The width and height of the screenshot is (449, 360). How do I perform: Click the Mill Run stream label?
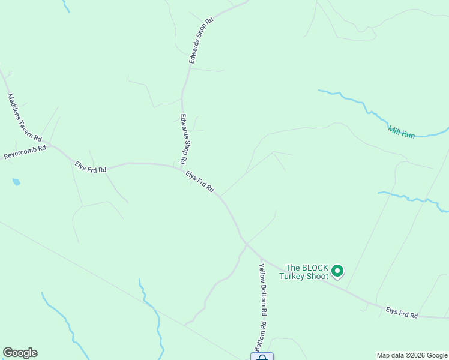click(x=402, y=132)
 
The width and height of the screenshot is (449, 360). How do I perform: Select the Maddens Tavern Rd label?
click(x=24, y=118)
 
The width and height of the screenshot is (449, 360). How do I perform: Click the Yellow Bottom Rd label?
click(x=262, y=290)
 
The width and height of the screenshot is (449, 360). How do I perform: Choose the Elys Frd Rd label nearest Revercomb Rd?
click(x=91, y=167)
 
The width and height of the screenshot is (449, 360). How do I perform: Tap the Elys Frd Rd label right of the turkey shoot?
click(x=402, y=312)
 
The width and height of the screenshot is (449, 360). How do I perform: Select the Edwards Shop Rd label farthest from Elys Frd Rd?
click(x=201, y=41)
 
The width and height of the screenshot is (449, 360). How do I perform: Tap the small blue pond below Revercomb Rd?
click(x=16, y=182)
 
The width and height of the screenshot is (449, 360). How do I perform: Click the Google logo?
click(x=20, y=353)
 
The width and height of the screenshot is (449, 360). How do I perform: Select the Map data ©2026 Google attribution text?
click(x=411, y=355)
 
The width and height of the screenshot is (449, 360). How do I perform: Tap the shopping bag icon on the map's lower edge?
click(x=262, y=358)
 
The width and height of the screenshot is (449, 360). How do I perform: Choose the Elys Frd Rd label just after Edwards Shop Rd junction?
click(x=200, y=181)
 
